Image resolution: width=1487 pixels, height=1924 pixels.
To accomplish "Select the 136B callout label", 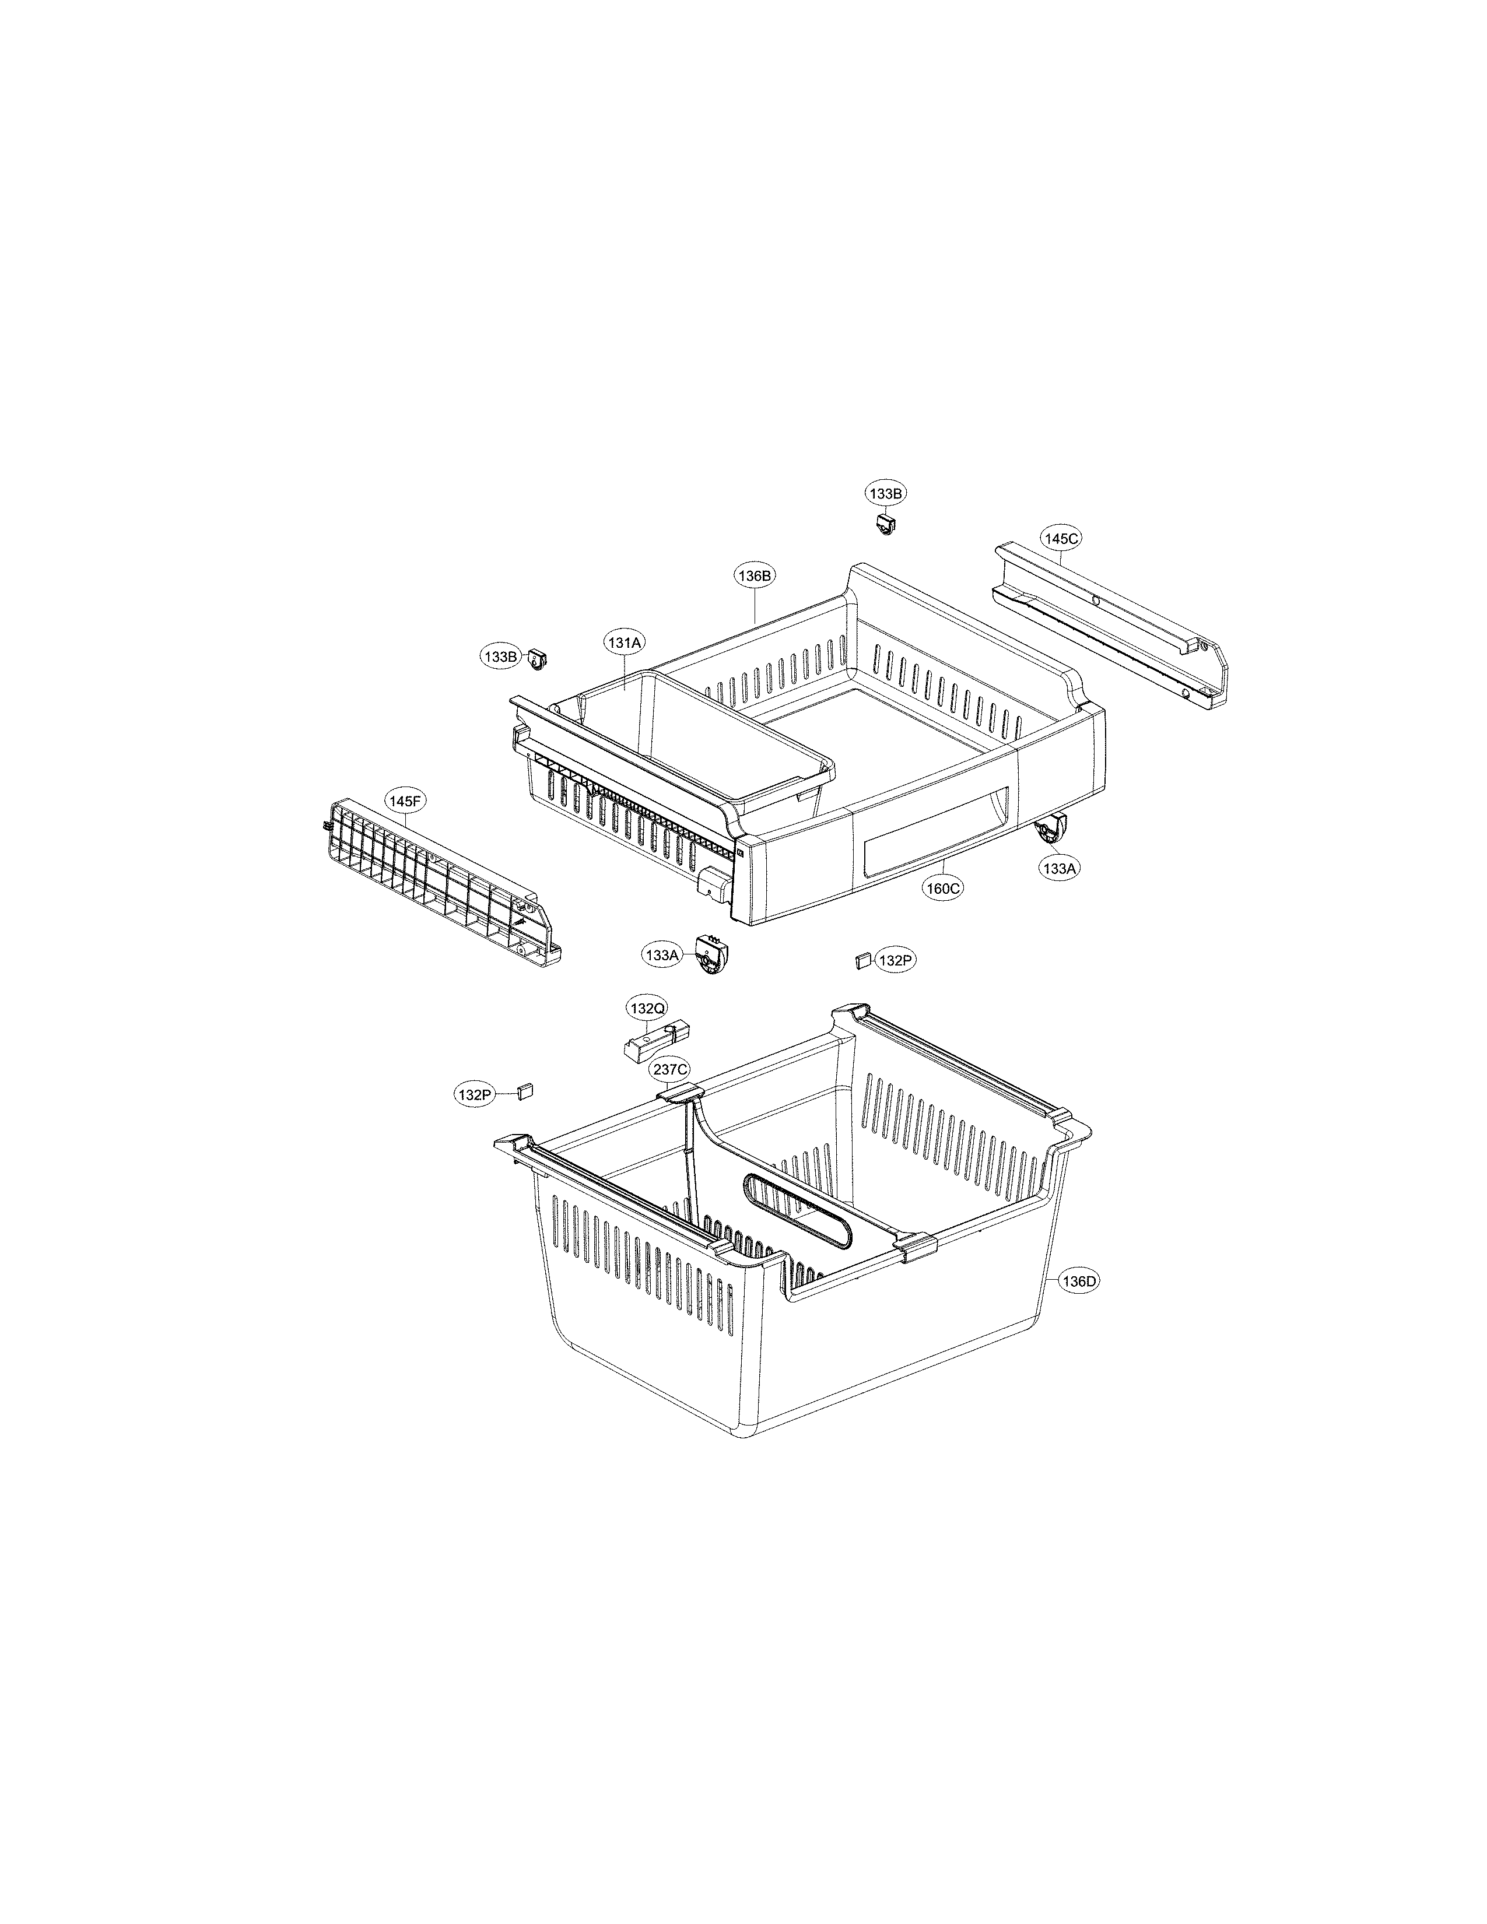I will tap(755, 575).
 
